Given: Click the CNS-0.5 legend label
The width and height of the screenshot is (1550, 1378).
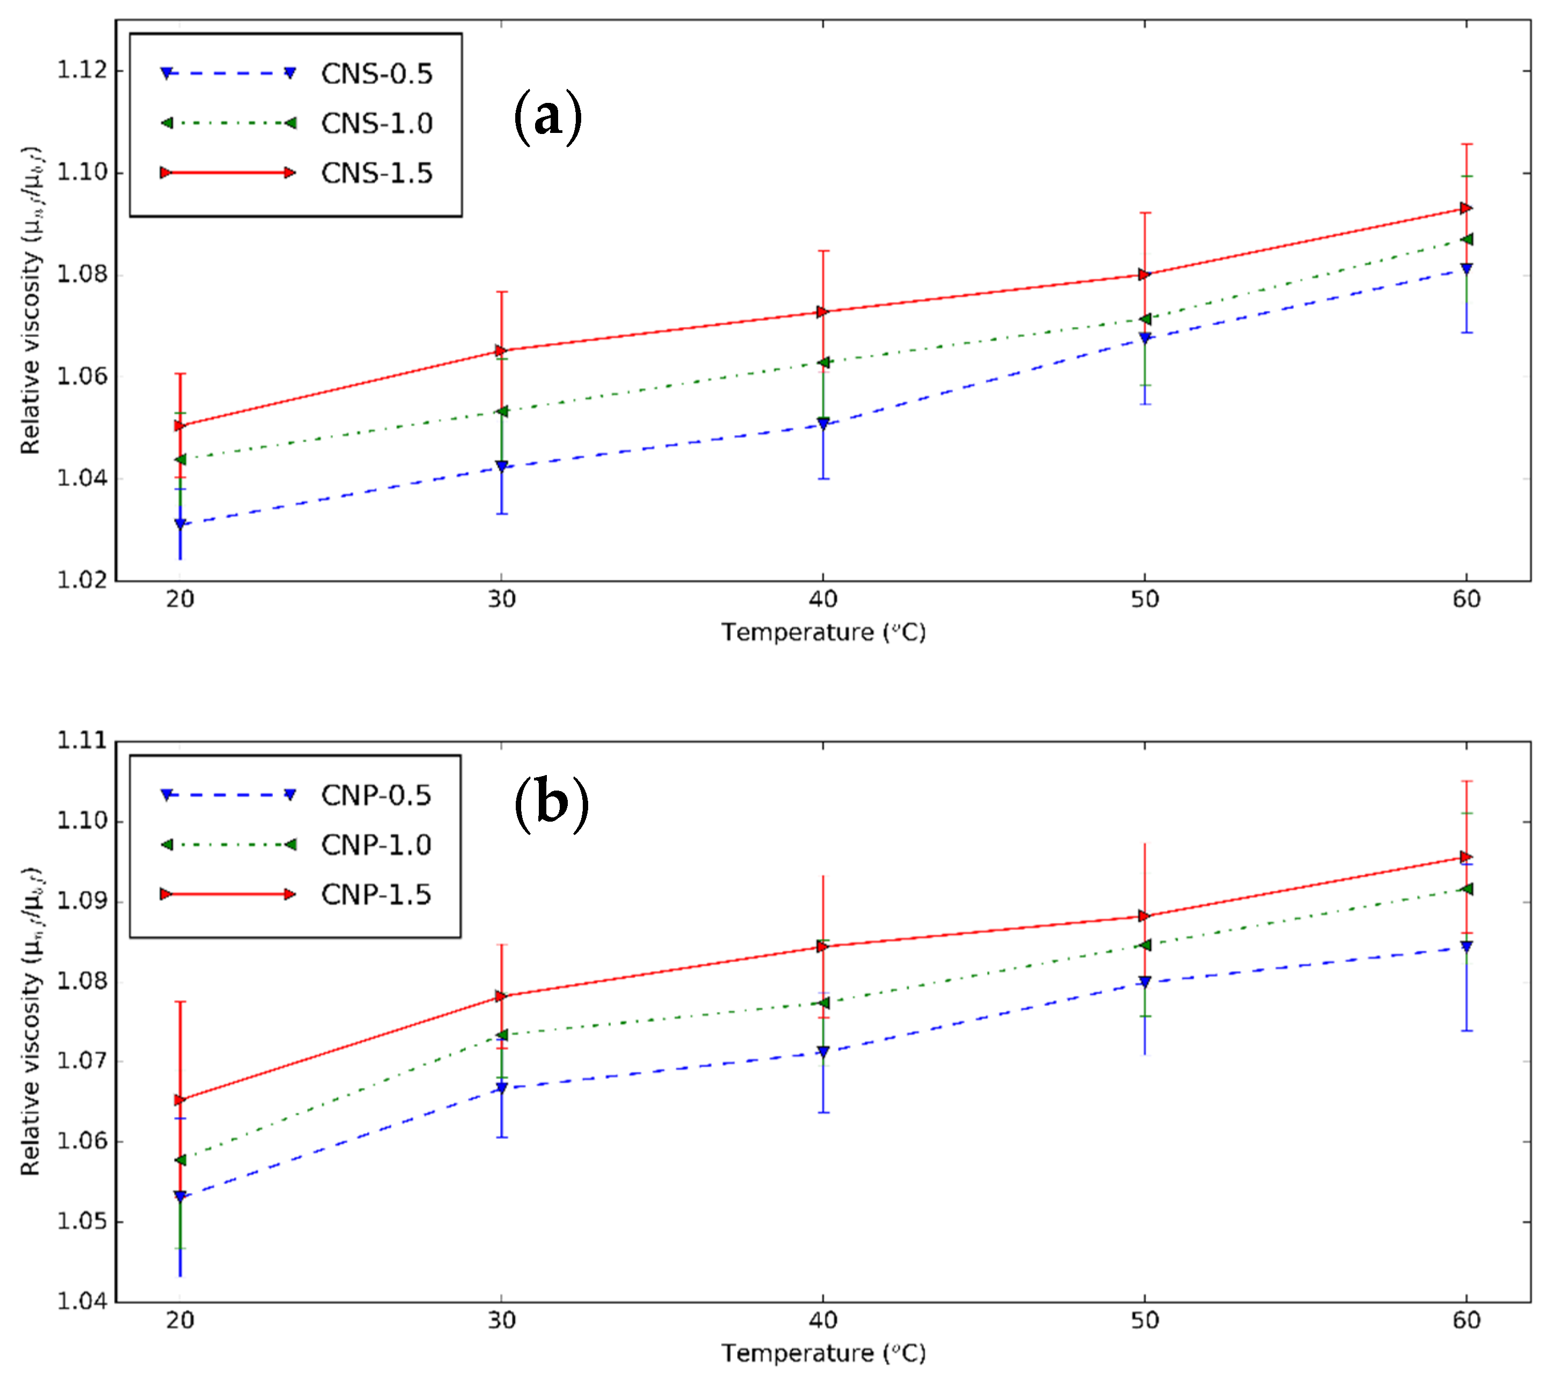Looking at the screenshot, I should (376, 73).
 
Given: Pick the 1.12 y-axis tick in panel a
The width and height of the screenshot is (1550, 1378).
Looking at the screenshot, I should (81, 71).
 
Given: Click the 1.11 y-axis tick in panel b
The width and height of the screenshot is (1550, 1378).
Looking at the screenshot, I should (81, 741).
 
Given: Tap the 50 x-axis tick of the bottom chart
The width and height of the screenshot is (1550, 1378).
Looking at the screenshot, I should (1144, 1321).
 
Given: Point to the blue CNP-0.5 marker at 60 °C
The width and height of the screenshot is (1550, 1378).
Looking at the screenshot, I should (1466, 946).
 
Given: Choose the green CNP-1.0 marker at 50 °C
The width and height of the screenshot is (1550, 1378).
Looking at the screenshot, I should (1144, 944).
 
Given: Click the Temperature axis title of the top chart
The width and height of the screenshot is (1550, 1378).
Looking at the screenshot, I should (823, 631).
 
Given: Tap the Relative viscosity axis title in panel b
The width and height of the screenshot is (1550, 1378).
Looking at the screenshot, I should (31, 1021).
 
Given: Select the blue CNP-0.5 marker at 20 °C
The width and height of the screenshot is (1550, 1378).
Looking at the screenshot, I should (180, 1196).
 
